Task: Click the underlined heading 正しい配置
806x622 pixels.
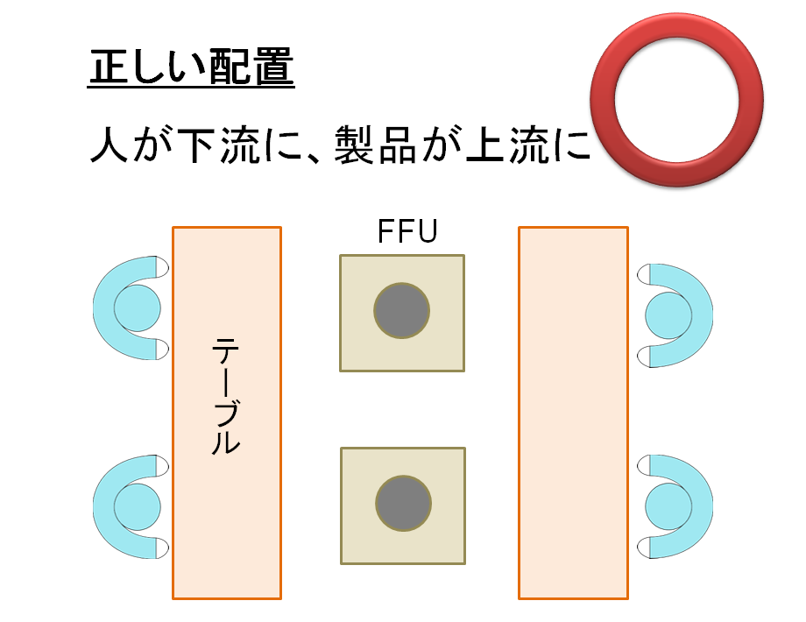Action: pos(191,67)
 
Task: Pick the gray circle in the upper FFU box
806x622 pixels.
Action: pos(402,311)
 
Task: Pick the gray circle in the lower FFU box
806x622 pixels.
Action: pos(403,505)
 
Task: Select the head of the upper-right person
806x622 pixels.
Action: pos(668,315)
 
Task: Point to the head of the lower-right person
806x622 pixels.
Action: pos(668,507)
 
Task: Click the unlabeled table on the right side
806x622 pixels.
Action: pos(574,413)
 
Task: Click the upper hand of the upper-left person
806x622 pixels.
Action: pos(160,267)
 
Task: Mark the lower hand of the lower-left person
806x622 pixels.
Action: pos(160,548)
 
